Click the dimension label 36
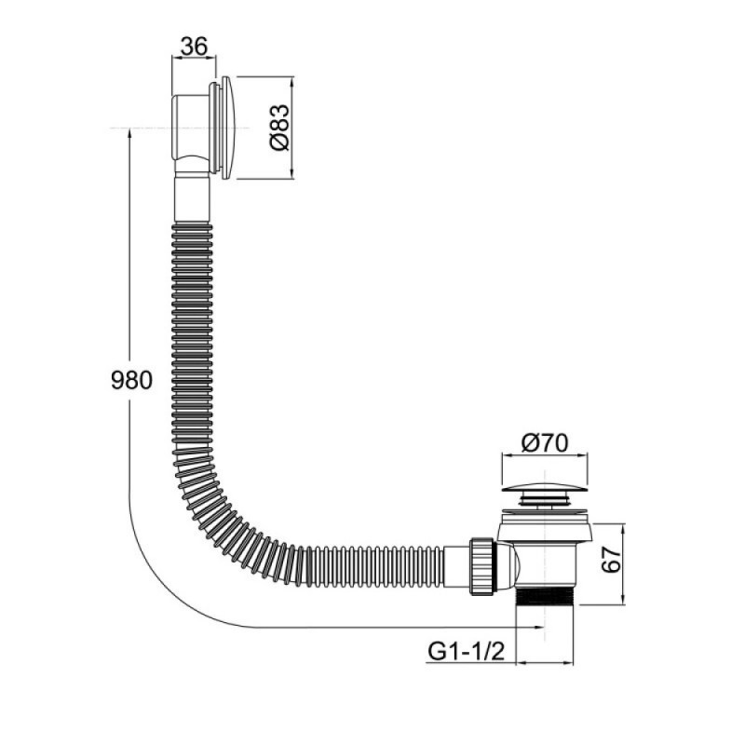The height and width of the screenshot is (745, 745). (195, 47)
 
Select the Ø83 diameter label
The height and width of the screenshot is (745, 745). (278, 128)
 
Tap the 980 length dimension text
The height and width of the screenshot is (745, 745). (131, 380)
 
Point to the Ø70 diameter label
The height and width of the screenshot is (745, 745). (545, 443)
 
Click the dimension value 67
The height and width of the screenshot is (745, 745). (611, 560)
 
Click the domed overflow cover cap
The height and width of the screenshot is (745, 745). (227, 128)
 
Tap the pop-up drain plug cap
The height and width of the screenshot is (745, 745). (545, 488)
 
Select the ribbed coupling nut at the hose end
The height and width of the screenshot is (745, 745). (482, 566)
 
